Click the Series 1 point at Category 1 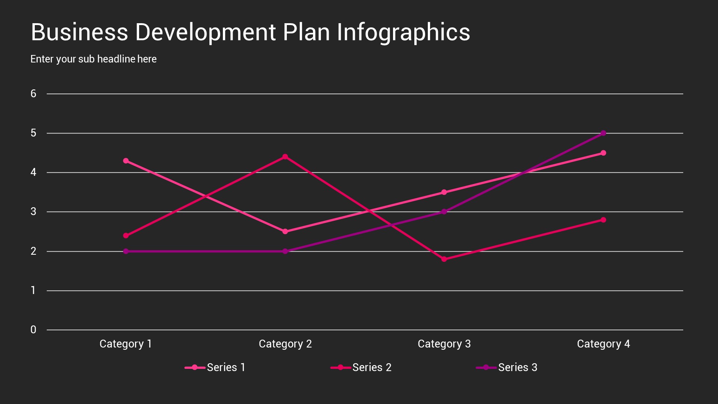point(126,161)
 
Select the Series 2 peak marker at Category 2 point(285,157)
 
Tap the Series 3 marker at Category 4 point(603,133)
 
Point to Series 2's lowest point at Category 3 point(444,259)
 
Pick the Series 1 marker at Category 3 point(444,192)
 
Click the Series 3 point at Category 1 point(126,251)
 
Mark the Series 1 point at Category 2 point(285,232)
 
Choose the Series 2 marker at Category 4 point(603,220)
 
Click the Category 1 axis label point(126,344)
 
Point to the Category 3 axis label point(444,344)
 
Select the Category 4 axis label point(603,344)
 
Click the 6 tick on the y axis point(33,94)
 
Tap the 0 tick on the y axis point(33,330)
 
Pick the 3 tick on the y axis point(33,212)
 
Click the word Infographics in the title point(403,32)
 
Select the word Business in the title point(79,32)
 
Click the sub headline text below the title point(93,59)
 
